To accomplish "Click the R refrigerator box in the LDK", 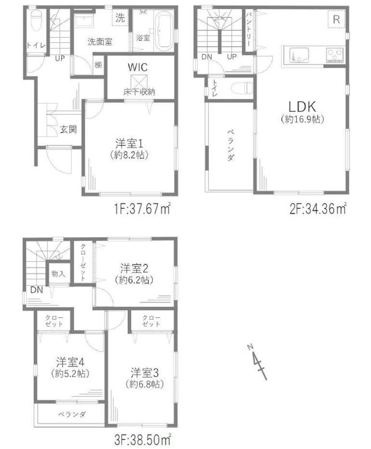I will tap(336, 19).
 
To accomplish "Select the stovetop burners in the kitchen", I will tap(335, 55).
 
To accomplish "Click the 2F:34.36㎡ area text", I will tap(318, 210).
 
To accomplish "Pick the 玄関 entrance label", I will tap(68, 129).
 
